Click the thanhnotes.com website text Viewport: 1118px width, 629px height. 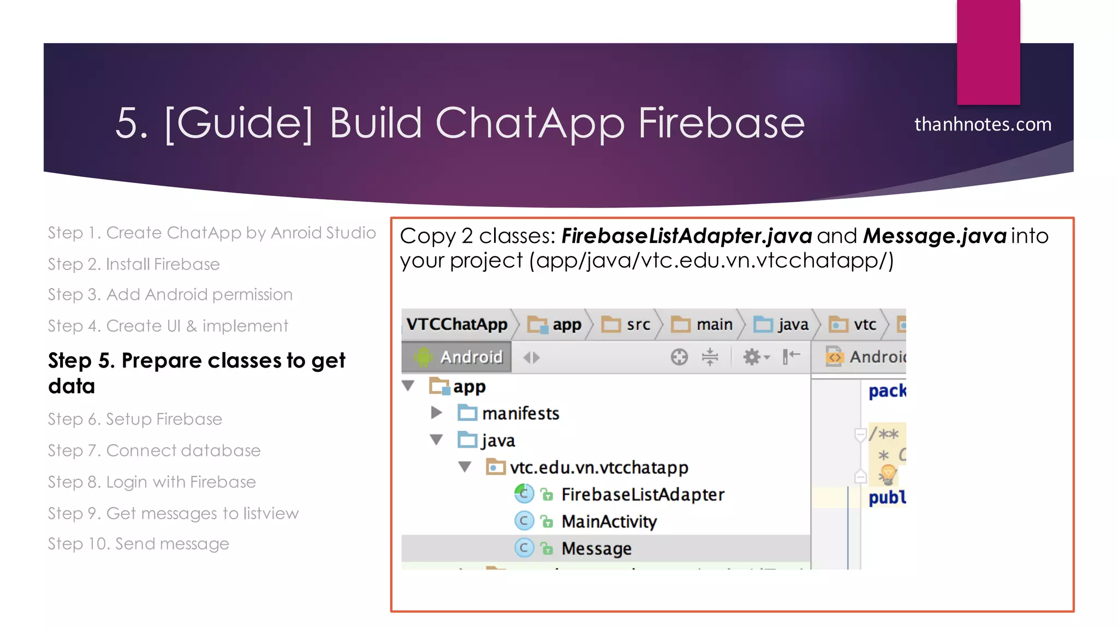coord(983,124)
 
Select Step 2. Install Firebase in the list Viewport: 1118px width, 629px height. coord(134,264)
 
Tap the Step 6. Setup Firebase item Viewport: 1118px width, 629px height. coord(135,419)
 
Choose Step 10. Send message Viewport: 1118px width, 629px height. coord(138,544)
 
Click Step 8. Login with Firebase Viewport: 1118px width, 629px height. coord(152,482)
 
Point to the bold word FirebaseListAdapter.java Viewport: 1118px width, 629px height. coord(687,236)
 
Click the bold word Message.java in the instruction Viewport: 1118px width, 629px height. coord(935,236)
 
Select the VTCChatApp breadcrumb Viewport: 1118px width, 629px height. coord(457,324)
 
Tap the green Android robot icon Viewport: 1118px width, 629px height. coord(423,357)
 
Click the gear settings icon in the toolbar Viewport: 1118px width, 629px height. coord(752,357)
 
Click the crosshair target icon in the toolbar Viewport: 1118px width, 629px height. coord(679,357)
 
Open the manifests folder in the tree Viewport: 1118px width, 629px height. coord(520,413)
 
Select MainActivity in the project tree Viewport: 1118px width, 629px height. coord(609,521)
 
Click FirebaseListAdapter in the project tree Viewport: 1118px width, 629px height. coord(643,495)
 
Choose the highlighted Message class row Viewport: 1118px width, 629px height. coord(596,548)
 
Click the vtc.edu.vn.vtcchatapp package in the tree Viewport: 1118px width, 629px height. coord(598,467)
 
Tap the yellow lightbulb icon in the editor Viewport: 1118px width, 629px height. coord(888,473)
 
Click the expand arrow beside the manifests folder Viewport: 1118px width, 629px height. coord(436,413)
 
